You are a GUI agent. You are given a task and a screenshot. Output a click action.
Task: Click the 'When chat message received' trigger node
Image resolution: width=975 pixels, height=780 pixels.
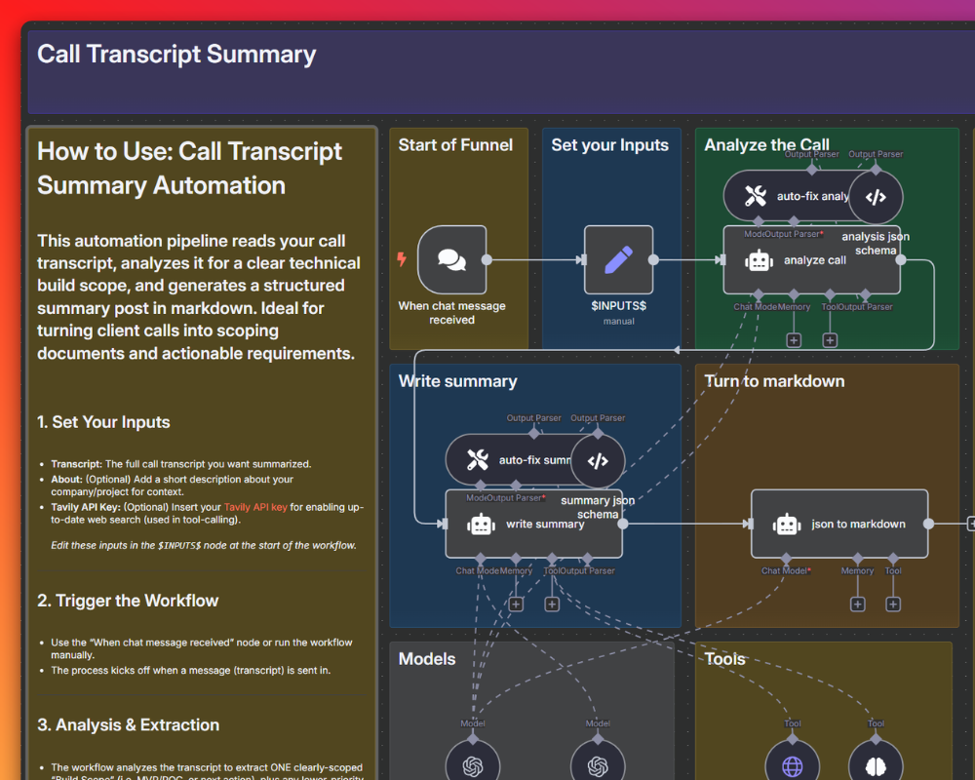pos(451,260)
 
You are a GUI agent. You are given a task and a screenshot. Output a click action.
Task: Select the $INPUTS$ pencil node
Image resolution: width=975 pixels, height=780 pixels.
pos(618,260)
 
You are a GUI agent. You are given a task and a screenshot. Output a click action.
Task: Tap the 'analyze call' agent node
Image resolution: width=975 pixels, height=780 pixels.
pos(811,260)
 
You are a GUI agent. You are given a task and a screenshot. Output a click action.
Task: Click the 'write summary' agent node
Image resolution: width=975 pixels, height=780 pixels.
pos(533,524)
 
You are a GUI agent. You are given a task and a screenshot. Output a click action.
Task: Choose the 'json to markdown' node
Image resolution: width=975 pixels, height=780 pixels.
pos(839,524)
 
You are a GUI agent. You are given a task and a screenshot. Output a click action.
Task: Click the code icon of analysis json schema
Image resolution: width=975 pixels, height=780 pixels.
pos(876,197)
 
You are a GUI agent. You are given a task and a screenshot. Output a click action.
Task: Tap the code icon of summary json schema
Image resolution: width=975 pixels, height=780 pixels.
pos(598,461)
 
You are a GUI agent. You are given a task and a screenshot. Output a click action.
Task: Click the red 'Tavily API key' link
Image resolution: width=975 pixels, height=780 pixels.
pos(256,507)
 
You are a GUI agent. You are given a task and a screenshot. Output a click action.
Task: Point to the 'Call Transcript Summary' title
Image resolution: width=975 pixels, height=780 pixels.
pos(176,54)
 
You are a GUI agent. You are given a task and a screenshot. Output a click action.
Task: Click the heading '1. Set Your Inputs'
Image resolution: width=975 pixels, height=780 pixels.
pos(103,422)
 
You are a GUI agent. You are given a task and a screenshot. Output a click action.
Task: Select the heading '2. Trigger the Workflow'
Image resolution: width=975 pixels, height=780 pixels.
pos(128,601)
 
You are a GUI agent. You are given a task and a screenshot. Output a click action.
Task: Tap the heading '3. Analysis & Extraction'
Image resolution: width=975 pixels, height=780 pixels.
pos(128,724)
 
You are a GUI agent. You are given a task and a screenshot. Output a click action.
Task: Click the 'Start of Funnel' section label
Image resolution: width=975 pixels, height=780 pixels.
pos(455,145)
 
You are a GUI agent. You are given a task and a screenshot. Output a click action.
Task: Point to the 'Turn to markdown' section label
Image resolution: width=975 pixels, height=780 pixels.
pos(774,381)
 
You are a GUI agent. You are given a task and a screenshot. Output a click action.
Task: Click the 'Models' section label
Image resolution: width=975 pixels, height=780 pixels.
pos(427,659)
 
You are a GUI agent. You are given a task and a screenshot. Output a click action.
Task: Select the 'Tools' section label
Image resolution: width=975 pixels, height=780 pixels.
pos(724,659)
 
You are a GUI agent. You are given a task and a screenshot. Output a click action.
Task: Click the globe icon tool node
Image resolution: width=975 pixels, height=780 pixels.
pos(792,764)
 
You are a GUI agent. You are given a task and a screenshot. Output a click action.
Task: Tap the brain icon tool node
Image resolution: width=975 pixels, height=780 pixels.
pos(876,764)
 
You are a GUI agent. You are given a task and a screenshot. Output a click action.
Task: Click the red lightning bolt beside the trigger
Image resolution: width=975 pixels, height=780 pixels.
pos(401,259)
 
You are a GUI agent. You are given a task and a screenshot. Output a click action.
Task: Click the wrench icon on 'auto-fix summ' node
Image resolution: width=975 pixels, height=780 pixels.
pos(477,460)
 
